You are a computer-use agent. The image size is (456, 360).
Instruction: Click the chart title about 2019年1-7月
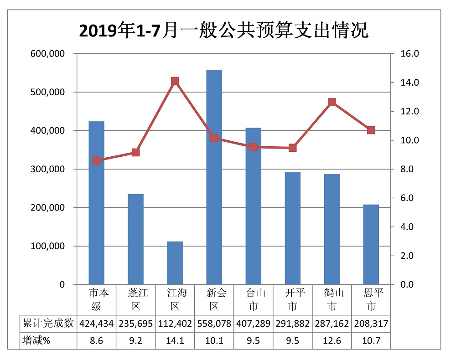pos(223,31)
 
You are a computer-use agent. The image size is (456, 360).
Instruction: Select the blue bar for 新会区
pos(214,177)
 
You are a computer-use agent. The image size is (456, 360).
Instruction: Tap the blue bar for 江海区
pos(175,263)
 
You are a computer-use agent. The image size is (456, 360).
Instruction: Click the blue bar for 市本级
pos(97,203)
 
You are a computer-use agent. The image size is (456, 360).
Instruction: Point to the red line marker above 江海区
pos(175,81)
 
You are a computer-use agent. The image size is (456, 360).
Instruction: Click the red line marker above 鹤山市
pos(332,103)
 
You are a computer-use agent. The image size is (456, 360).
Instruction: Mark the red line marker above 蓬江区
pos(136,152)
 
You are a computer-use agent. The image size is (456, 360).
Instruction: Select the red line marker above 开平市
pos(293,148)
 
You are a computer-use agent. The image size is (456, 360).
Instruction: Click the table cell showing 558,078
pos(214,324)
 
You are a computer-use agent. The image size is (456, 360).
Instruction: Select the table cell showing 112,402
pos(175,324)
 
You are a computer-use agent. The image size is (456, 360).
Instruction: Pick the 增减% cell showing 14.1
pos(175,340)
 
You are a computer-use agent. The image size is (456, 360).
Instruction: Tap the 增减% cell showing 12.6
pos(332,340)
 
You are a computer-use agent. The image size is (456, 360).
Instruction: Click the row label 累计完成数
pos(48,324)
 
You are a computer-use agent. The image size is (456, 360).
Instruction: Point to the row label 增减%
pos(36,340)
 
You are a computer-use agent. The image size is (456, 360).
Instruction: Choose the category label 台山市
pos(254,299)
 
